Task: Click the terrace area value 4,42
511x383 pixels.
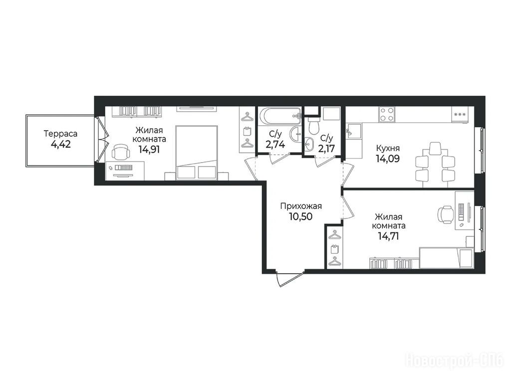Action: (x=61, y=144)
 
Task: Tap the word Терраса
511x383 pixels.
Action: (x=60, y=134)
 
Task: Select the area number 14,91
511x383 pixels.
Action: (x=149, y=150)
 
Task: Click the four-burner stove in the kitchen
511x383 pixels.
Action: (x=387, y=114)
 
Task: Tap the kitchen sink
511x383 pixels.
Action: (x=354, y=131)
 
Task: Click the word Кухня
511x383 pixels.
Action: (x=388, y=148)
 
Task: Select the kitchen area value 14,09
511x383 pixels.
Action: (x=388, y=159)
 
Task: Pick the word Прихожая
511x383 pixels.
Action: (x=301, y=206)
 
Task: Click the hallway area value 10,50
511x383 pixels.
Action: (x=301, y=216)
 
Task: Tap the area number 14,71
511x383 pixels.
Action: (x=388, y=236)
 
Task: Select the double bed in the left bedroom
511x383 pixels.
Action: (x=197, y=153)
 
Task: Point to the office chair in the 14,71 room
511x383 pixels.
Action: (x=445, y=214)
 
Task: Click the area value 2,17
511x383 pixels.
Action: (x=326, y=149)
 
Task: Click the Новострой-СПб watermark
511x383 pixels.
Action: (x=454, y=361)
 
